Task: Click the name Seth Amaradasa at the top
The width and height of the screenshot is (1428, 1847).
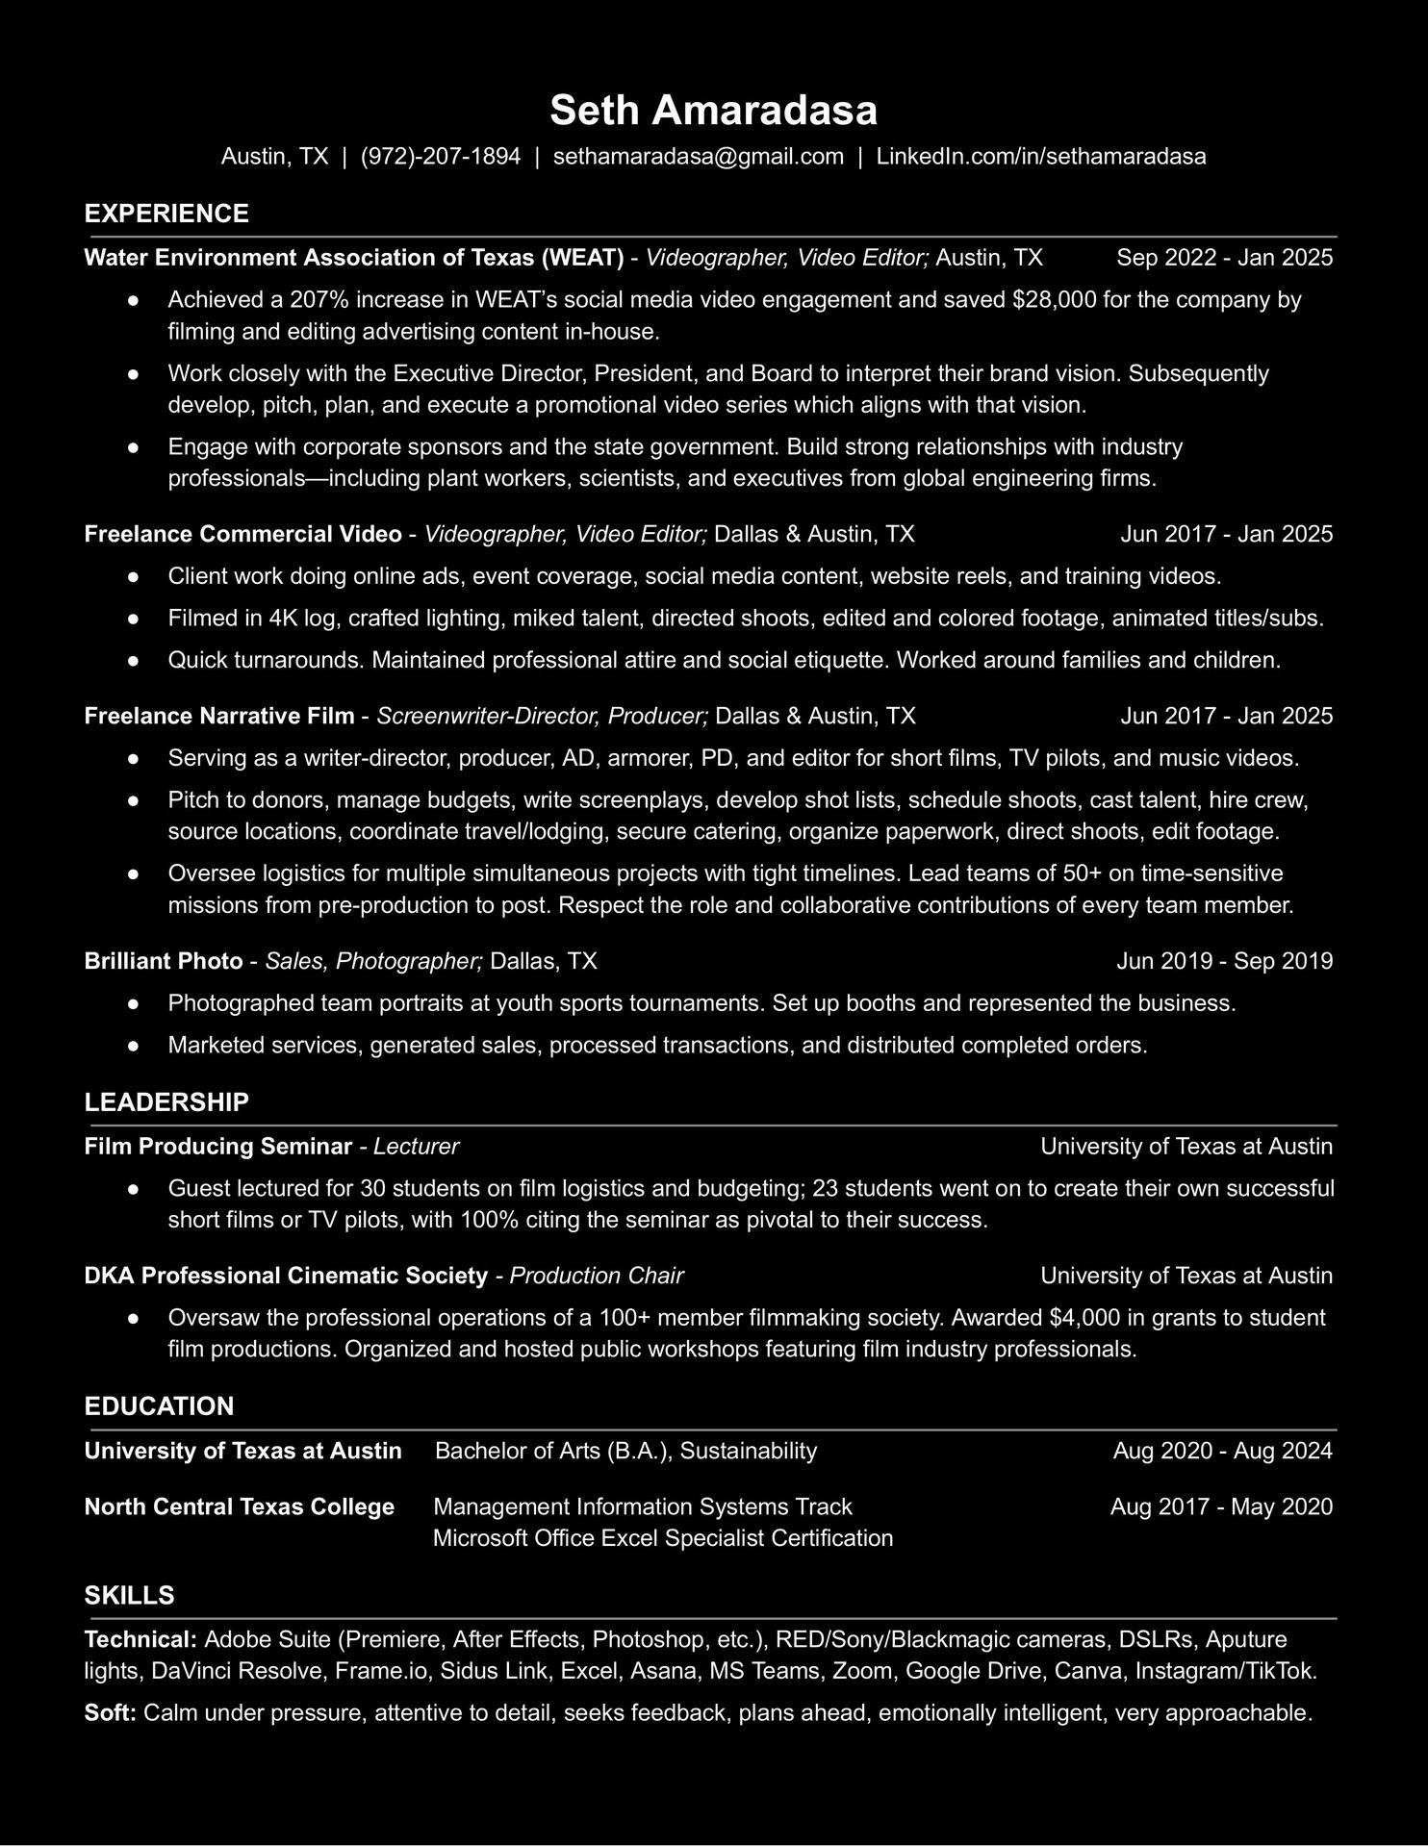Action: pos(713,111)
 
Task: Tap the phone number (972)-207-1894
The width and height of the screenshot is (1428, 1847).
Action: pos(440,157)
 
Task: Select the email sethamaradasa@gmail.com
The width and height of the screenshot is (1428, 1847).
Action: pos(698,157)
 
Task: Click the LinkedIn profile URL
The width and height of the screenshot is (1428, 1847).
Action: pos(1040,157)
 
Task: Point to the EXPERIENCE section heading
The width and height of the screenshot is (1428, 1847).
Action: pos(166,214)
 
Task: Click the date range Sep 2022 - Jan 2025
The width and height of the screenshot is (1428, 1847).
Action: pos(1224,258)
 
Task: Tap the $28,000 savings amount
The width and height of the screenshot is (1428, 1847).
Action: pos(1055,300)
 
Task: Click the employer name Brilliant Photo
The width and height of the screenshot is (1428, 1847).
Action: pos(164,961)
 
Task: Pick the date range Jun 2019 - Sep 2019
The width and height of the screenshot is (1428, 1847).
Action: pos(1224,961)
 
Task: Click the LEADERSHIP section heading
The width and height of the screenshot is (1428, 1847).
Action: pos(166,1102)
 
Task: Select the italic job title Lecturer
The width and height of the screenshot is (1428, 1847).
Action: pos(416,1147)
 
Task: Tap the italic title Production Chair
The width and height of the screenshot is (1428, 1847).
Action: pos(596,1276)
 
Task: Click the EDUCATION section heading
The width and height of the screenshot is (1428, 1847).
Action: pos(159,1406)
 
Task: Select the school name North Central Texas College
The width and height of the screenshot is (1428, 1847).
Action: pos(240,1506)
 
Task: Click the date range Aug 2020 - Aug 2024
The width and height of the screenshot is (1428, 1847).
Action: pos(1222,1451)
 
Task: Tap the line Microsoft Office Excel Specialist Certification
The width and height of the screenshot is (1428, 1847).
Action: pos(663,1538)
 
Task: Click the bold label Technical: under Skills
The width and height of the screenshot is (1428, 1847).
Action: pos(141,1639)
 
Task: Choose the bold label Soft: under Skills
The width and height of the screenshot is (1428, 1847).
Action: pos(111,1713)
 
